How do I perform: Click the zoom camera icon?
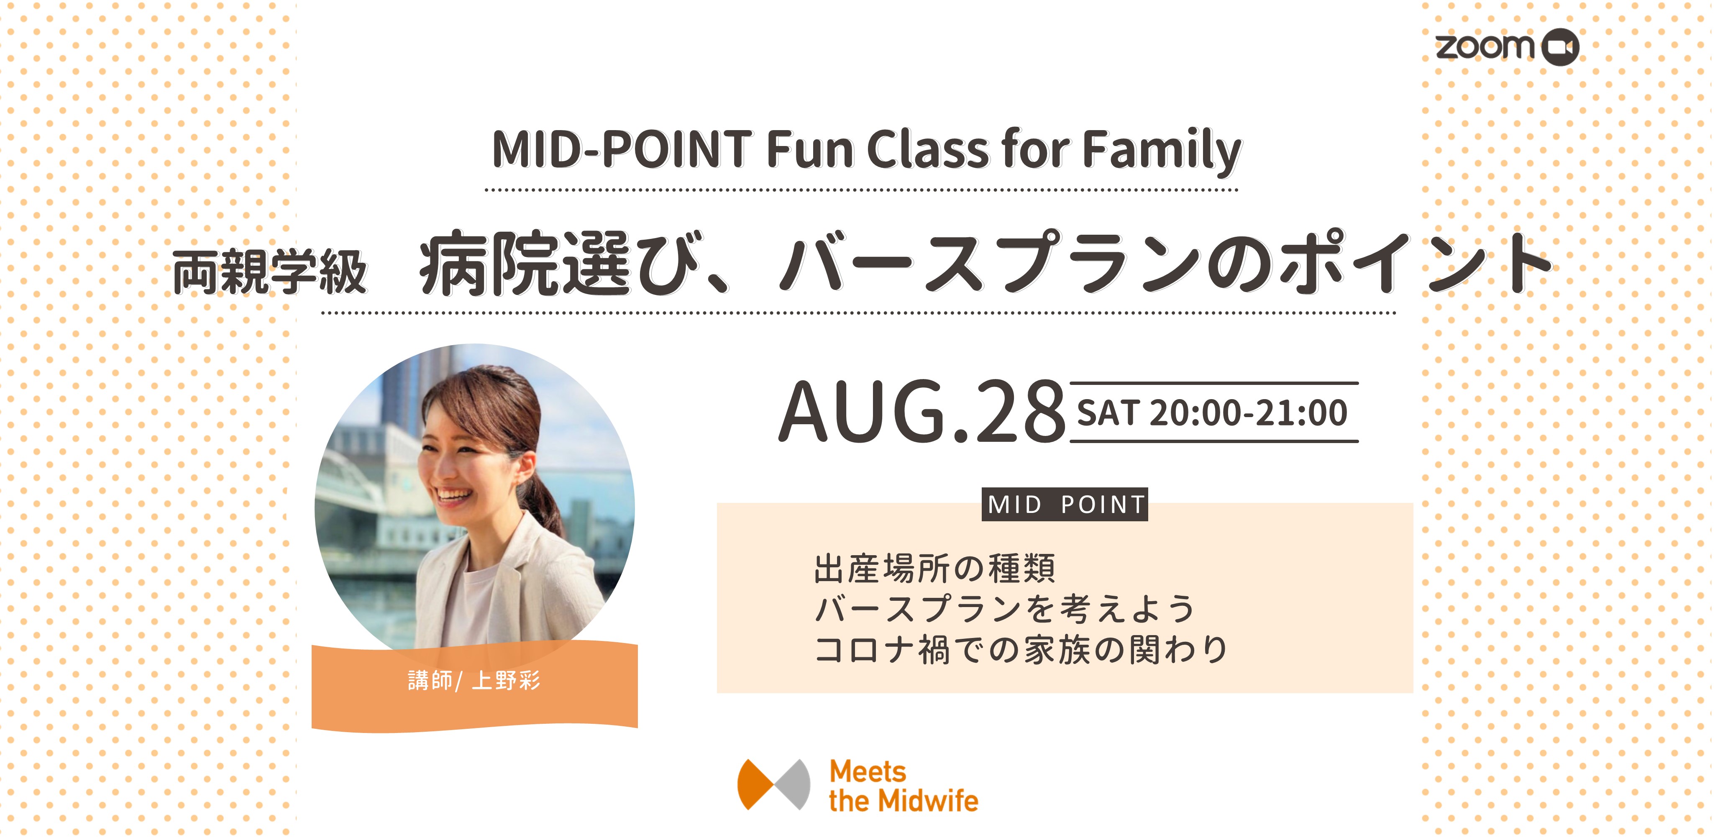[x=1561, y=47]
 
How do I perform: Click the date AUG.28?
[x=922, y=411]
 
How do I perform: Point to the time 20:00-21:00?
[x=1248, y=413]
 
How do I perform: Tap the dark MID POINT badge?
[x=1065, y=504]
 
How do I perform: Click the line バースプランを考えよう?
[x=1004, y=608]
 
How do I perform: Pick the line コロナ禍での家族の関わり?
[x=1021, y=649]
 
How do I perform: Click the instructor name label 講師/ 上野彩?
[x=474, y=680]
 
